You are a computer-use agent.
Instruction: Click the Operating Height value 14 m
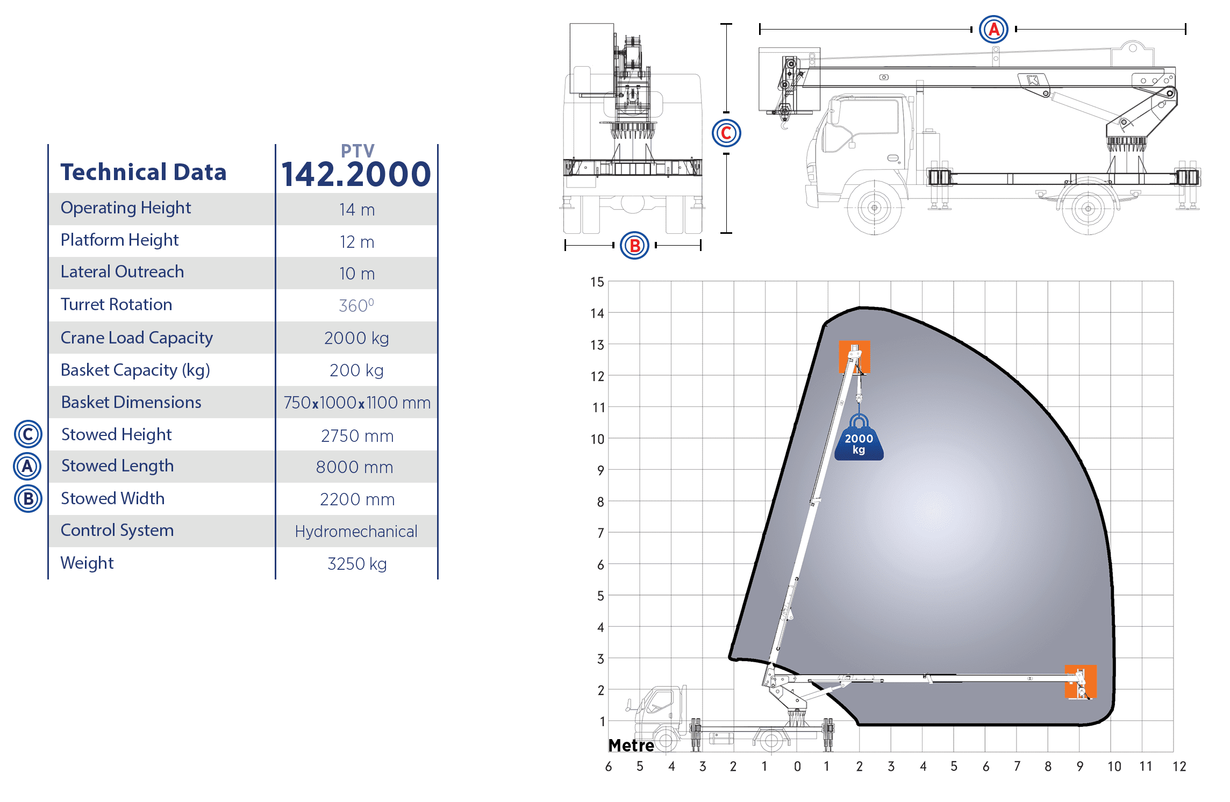(357, 210)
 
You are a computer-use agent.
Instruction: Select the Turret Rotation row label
(116, 304)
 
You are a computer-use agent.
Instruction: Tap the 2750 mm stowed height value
(357, 435)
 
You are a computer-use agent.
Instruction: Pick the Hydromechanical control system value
(356, 531)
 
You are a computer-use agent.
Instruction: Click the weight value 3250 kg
(357, 563)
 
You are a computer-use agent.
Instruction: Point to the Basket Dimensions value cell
(357, 403)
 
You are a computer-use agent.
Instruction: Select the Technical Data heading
(144, 172)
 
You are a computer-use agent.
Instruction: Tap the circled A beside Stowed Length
(27, 467)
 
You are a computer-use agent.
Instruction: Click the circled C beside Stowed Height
(28, 434)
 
